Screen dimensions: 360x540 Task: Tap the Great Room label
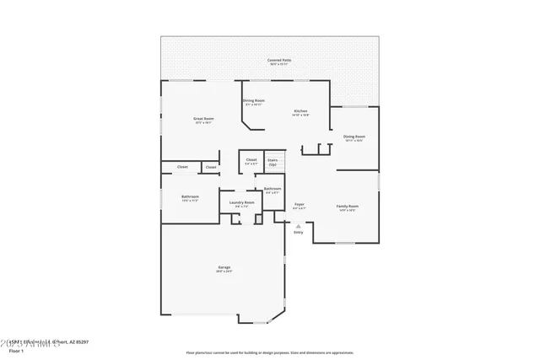pos(203,119)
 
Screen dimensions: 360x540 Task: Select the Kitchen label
pos(300,111)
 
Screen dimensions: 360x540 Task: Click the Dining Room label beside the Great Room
pos(254,101)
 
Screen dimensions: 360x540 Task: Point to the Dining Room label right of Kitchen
pos(354,137)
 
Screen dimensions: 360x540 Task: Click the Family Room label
pos(348,206)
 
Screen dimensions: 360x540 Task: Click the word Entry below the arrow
pos(299,234)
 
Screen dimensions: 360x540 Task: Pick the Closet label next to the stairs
pos(251,159)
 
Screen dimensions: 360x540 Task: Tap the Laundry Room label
pos(237,202)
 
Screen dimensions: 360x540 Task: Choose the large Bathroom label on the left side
pos(190,197)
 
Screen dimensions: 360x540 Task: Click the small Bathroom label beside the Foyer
pos(273,189)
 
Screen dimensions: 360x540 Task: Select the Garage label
pos(224,268)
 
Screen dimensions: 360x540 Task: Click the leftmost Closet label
pos(182,167)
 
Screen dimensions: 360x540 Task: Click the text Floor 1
pos(12,352)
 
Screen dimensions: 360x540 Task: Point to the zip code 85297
pos(80,342)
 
